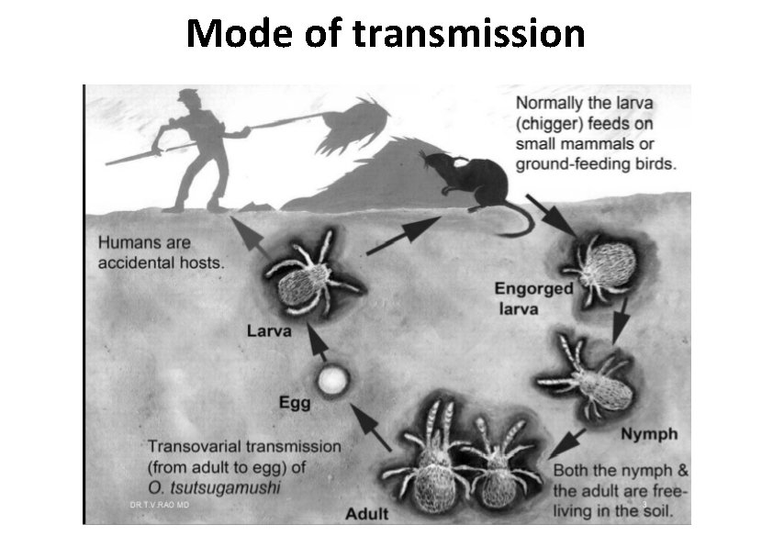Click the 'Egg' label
tap(295, 402)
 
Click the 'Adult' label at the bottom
tap(366, 513)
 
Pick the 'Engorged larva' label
tap(533, 298)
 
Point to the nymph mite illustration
tap(591, 376)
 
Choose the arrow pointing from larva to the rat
tap(403, 236)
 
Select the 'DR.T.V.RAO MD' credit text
tap(159, 506)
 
